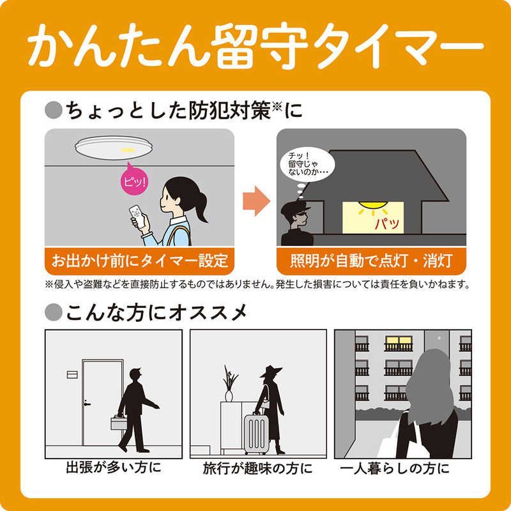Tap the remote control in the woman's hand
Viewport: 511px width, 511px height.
pos(136,216)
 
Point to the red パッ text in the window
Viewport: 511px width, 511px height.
pos(386,224)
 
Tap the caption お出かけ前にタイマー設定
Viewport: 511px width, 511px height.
pos(140,261)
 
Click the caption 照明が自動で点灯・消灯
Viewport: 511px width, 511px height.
pos(371,261)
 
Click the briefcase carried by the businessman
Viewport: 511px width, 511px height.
pos(119,422)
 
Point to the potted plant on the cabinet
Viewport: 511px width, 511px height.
pos(229,384)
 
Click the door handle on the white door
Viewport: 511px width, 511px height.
pos(87,404)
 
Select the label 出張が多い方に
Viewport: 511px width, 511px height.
pos(114,468)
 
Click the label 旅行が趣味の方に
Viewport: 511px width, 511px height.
pos(258,468)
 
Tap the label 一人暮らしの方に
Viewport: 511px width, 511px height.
pos(402,468)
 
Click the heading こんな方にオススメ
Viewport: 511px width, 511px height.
pos(152,312)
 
